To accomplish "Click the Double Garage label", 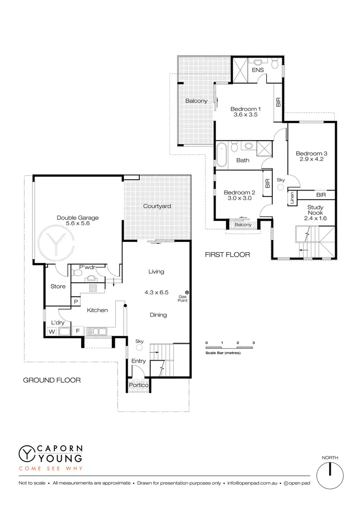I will (x=78, y=221).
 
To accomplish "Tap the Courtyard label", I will (x=157, y=206).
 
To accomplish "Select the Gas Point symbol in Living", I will (x=187, y=292).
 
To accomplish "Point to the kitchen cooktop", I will (x=93, y=288).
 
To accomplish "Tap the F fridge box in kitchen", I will (x=77, y=331).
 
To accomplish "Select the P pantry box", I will (x=75, y=302).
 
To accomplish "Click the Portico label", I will (x=138, y=386).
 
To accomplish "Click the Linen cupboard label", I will (x=292, y=197).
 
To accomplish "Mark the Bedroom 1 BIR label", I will (x=278, y=102).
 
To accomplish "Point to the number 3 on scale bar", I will (x=253, y=342).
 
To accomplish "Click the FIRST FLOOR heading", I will (x=228, y=254).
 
